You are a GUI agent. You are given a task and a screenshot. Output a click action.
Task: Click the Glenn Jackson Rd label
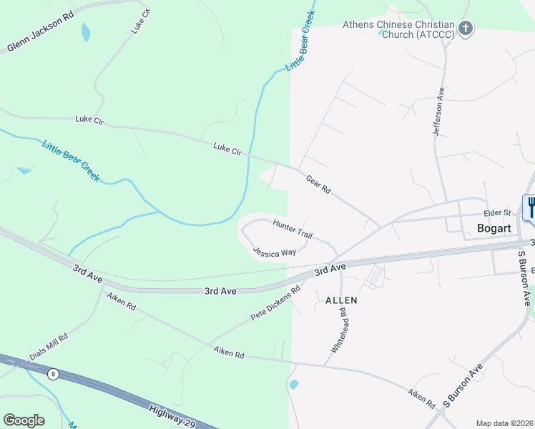point(41,33)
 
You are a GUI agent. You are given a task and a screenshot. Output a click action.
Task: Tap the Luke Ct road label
point(141,21)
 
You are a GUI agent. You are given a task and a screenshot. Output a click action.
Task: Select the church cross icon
point(466,29)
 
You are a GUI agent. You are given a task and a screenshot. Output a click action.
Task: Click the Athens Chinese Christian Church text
point(398,29)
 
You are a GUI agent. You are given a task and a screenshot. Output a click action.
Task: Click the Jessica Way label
point(275,252)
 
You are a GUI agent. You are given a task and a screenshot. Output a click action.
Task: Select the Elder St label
point(497,212)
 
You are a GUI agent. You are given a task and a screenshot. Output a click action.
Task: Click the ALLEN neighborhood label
point(341,300)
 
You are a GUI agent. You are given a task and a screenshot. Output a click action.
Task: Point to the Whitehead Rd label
point(339,330)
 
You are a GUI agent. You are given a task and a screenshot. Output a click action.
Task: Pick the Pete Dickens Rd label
point(275,303)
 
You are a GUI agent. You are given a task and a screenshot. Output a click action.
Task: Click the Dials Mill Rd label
point(49,346)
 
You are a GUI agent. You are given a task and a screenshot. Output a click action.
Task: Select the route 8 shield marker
point(53,374)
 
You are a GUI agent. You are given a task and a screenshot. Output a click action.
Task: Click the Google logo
point(24,420)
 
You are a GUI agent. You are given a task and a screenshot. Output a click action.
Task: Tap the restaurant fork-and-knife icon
point(531,207)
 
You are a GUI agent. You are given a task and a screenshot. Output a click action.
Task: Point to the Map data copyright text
point(504,423)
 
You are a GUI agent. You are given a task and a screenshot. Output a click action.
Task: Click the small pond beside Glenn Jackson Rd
point(86,32)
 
